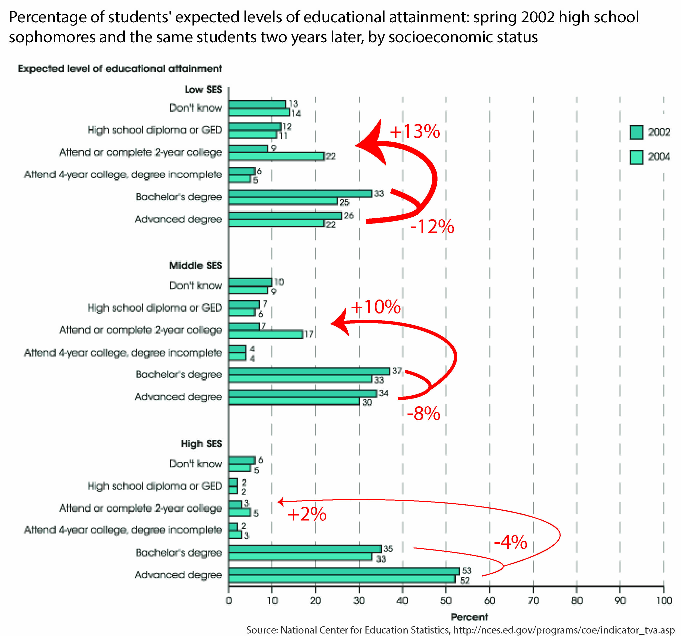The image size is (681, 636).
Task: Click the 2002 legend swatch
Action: tap(636, 132)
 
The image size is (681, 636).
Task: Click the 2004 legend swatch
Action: tap(636, 157)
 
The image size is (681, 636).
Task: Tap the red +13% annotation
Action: tap(414, 131)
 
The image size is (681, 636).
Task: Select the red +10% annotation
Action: tap(375, 306)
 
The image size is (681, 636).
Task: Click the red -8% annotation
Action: tap(423, 413)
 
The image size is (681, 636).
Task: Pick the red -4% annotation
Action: tap(510, 542)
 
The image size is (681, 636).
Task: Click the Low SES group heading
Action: tap(203, 90)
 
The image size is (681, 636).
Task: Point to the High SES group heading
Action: tap(201, 443)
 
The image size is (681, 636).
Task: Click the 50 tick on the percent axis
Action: tap(446, 600)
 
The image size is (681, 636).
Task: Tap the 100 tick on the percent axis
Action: tap(664, 600)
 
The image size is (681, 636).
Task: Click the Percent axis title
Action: tap(469, 617)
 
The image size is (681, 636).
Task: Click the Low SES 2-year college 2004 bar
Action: tap(276, 156)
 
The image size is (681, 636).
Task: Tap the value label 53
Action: tap(466, 570)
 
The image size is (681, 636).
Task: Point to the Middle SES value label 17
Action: tap(309, 334)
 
